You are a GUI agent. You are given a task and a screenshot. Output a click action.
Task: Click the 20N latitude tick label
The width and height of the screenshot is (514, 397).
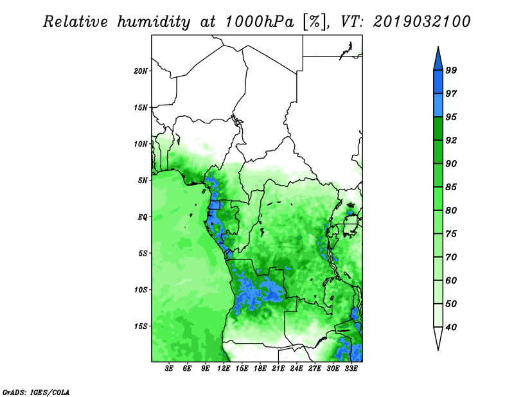click(x=141, y=71)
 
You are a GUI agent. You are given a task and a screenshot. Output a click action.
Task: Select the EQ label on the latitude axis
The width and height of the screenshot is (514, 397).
click(x=143, y=217)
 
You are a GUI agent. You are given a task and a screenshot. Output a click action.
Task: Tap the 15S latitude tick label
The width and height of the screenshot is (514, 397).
click(x=141, y=326)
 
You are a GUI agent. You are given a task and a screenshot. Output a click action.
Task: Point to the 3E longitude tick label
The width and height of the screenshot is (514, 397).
click(x=169, y=369)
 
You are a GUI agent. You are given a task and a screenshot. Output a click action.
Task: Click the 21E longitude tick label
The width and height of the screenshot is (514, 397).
click(x=278, y=369)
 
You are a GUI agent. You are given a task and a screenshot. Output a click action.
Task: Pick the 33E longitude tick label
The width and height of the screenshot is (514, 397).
click(x=351, y=369)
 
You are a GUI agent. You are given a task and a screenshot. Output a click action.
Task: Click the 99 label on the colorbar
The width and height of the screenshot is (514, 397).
click(x=451, y=70)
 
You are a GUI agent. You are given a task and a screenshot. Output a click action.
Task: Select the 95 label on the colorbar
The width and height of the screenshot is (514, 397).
click(x=451, y=117)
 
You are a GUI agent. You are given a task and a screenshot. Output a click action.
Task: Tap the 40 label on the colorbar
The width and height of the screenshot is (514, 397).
click(x=451, y=327)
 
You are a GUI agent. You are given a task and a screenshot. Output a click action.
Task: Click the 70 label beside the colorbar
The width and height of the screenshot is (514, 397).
click(x=451, y=257)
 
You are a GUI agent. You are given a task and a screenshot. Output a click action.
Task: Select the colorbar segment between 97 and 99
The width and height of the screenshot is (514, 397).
click(x=438, y=82)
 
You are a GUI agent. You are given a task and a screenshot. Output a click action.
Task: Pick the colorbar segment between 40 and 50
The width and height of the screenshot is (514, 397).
click(x=438, y=315)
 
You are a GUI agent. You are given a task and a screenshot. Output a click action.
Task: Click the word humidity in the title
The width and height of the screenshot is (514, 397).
click(x=154, y=22)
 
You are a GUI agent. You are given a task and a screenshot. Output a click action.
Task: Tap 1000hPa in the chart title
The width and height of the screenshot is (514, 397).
click(x=260, y=22)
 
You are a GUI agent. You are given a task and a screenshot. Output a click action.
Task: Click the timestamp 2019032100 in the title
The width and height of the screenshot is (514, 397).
click(x=422, y=22)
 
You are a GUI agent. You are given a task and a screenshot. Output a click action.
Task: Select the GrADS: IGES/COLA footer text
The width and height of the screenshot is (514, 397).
click(x=36, y=392)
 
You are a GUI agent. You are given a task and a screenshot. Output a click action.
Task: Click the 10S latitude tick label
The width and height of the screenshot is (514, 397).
click(x=141, y=290)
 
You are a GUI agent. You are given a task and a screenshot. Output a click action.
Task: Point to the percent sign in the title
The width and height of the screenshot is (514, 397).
click(x=315, y=22)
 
